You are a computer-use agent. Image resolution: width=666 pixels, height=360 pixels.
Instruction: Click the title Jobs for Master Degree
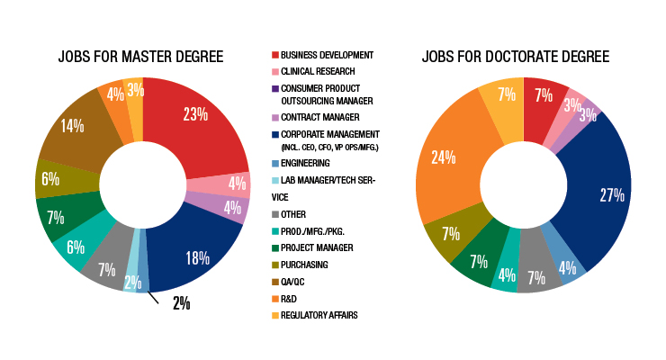coord(142,58)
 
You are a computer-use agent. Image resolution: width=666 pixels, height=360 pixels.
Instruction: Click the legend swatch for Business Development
coord(275,56)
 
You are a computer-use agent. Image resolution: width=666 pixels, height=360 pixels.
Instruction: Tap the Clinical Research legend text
coord(319,72)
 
